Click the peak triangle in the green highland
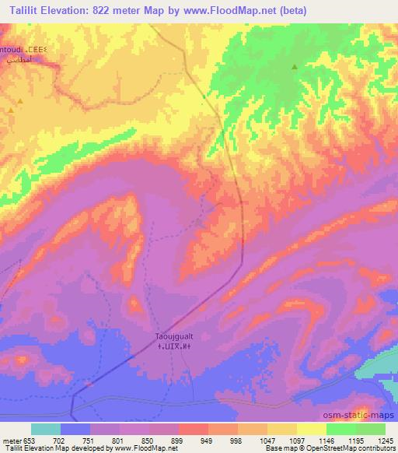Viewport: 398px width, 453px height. [294, 67]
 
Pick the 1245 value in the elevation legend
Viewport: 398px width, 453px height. [385, 440]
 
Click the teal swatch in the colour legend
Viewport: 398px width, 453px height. [46, 429]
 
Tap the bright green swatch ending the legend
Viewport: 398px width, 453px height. [371, 429]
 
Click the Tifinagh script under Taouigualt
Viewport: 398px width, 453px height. [172, 346]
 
